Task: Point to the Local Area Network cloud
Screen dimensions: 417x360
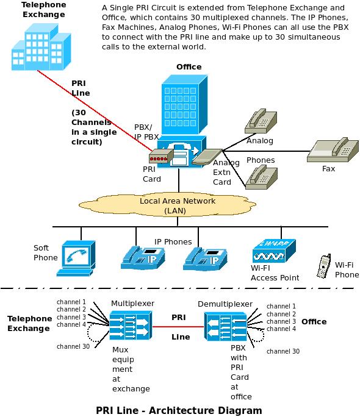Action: [178, 205]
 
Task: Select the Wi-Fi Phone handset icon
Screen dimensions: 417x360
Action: [325, 266]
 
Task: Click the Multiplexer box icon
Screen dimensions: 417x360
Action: [130, 326]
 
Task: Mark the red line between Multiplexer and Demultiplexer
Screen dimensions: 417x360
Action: [178, 326]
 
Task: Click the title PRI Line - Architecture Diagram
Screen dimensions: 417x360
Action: [179, 410]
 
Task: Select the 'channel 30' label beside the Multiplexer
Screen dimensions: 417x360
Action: [73, 346]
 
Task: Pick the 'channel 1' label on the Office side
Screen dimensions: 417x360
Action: [281, 306]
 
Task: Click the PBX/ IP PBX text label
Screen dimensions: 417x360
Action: [146, 132]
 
